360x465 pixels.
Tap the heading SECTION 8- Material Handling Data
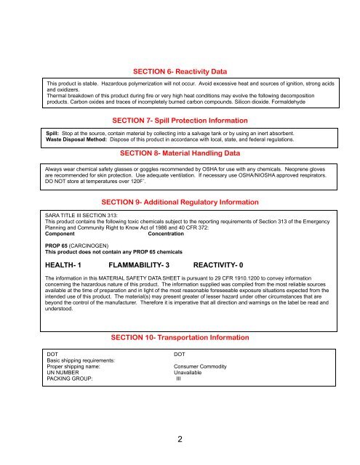point(180,154)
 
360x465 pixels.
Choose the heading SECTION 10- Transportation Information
point(180,338)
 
